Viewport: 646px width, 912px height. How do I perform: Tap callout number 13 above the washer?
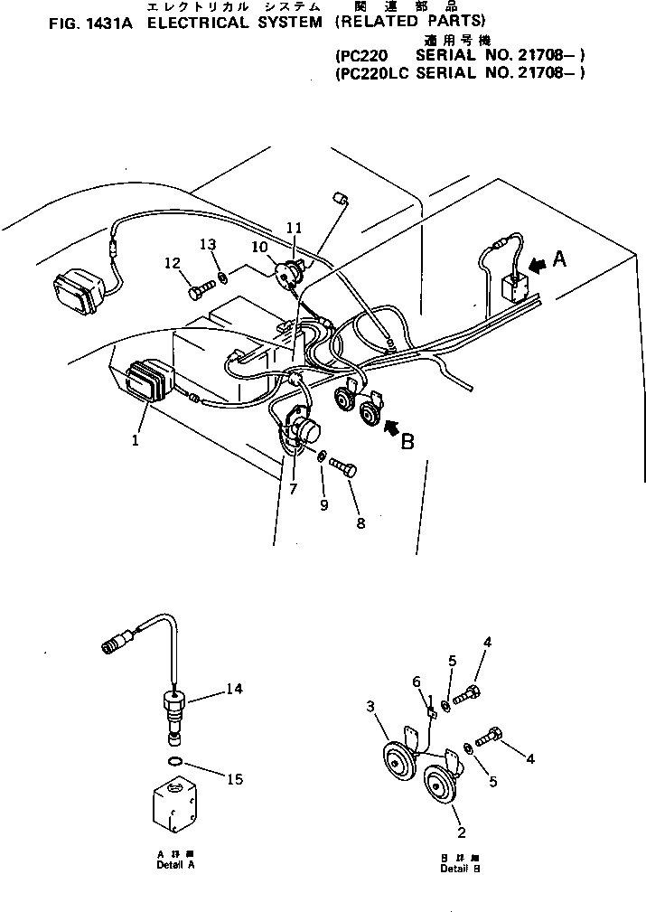tap(209, 245)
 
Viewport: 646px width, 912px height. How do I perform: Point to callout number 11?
tap(292, 227)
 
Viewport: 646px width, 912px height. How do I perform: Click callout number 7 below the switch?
tap(293, 490)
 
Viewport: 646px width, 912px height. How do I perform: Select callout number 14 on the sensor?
tap(235, 689)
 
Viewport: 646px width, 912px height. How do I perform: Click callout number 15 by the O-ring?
tap(234, 778)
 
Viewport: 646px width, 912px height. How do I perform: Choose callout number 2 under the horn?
tap(461, 832)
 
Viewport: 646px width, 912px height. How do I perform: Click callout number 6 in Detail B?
tap(417, 681)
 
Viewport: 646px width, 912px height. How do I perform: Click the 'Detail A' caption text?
tap(173, 865)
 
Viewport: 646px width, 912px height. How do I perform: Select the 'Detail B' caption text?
tap(460, 869)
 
